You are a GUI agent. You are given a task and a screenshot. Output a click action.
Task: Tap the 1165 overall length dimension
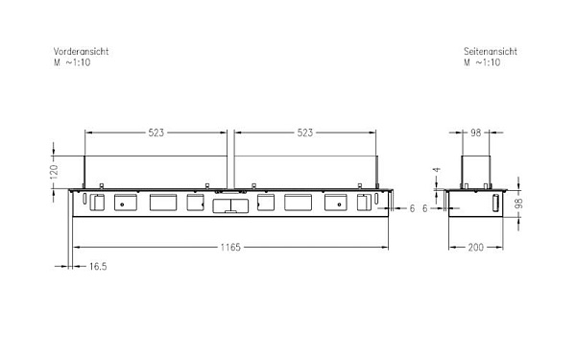coord(228,247)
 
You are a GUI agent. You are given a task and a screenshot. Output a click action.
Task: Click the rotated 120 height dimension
coord(55,170)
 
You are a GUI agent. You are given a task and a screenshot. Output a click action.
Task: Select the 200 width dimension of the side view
coord(476,247)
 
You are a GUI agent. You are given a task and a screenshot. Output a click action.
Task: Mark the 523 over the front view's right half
coord(304,132)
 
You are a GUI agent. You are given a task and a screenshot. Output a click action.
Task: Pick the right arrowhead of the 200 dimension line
coord(505,247)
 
